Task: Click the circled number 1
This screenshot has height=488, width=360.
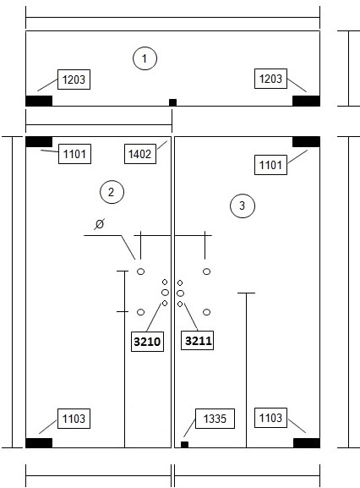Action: (x=145, y=58)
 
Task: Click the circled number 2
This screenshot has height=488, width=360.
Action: (x=112, y=192)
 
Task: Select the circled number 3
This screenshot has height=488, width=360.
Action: (x=243, y=206)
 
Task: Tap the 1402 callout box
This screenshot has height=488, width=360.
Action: (x=140, y=154)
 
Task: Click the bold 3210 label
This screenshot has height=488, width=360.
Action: (x=147, y=342)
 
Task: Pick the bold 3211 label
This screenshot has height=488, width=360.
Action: (x=198, y=341)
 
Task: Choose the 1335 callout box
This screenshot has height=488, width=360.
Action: (x=215, y=419)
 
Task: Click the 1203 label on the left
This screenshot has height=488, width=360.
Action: (x=74, y=80)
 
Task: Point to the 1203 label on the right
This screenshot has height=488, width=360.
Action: (x=270, y=79)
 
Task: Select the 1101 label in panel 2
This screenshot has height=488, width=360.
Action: (x=74, y=154)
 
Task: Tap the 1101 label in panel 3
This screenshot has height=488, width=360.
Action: (x=270, y=165)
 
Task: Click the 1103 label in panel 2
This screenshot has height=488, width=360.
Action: (x=74, y=419)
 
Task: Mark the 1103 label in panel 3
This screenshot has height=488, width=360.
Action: (x=270, y=418)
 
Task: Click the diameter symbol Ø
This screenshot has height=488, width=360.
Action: (x=100, y=224)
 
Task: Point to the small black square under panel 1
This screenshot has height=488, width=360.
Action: (x=173, y=102)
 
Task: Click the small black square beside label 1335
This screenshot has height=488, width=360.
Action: (x=185, y=444)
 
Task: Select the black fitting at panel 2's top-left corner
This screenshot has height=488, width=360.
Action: (x=39, y=141)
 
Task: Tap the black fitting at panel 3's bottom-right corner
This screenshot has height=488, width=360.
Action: (x=307, y=443)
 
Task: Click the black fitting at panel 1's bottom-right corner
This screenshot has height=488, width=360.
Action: (x=306, y=101)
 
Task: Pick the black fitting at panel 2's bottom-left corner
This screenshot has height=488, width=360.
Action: (x=39, y=443)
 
